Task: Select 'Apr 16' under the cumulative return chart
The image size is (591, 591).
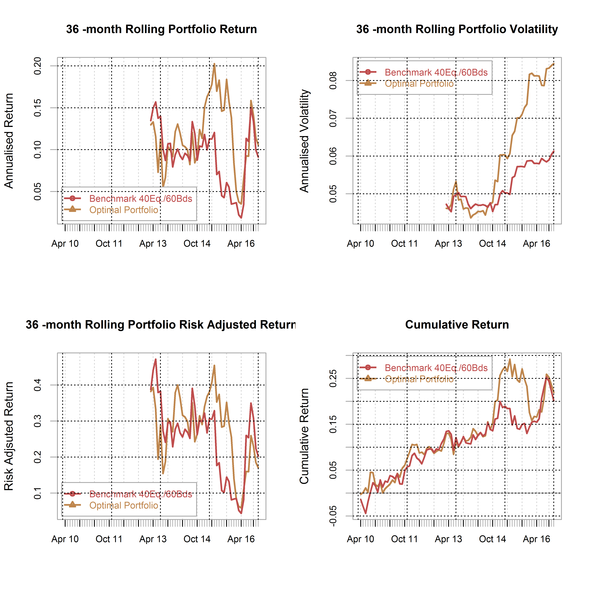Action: [537, 539]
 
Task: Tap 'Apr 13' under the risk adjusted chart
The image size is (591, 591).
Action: [153, 539]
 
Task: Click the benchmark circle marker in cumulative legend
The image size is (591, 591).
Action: [368, 367]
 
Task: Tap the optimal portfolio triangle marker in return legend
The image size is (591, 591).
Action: [72, 209]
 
